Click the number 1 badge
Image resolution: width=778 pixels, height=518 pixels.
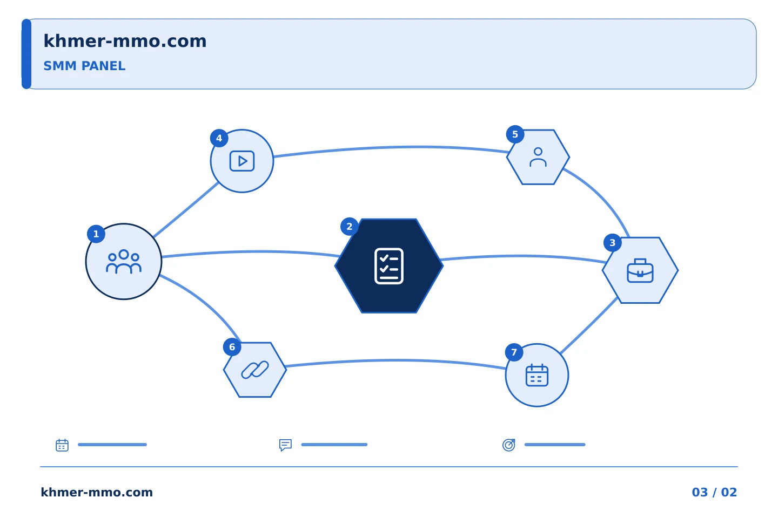pos(96,234)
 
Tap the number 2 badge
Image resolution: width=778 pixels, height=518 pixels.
pos(350,227)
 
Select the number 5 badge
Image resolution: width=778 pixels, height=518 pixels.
pos(515,134)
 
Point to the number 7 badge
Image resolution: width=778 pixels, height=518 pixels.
pos(514,352)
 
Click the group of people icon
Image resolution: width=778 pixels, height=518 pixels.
pos(124,262)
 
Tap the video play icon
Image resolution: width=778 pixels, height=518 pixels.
pos(242,161)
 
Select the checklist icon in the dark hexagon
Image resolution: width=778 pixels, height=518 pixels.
pos(389,266)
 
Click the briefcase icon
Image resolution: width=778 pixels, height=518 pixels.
pos(640,271)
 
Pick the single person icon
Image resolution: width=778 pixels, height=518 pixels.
pos(538,157)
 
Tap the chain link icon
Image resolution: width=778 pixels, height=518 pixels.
pos(255,370)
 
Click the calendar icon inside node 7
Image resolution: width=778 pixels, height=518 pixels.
pos(537,375)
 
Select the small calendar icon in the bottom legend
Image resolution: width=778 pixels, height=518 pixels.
pos(62,445)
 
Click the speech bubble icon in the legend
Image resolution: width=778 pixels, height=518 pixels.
pos(285,445)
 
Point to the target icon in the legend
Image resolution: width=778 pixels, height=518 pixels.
pos(509,445)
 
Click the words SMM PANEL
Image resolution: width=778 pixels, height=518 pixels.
pos(84,66)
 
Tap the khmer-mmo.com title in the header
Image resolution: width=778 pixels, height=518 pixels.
pos(125,41)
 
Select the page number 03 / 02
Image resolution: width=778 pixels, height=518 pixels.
pos(714,492)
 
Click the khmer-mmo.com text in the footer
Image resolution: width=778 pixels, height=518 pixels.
pos(97,492)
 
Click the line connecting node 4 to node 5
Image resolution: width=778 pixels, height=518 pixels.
pos(391,147)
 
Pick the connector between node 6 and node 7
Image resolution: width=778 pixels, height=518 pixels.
pos(396,360)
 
